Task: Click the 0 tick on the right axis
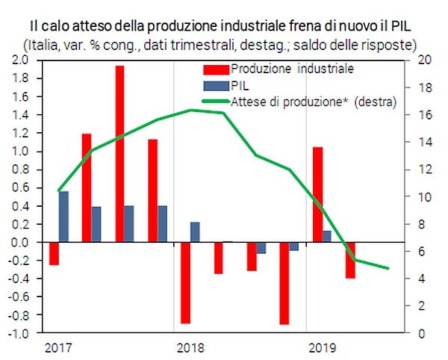pos(419,333)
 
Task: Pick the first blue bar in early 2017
pos(63,217)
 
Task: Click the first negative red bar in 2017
pos(54,253)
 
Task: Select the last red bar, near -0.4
pos(350,260)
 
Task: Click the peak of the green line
pos(192,110)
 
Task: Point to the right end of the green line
pos(388,268)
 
